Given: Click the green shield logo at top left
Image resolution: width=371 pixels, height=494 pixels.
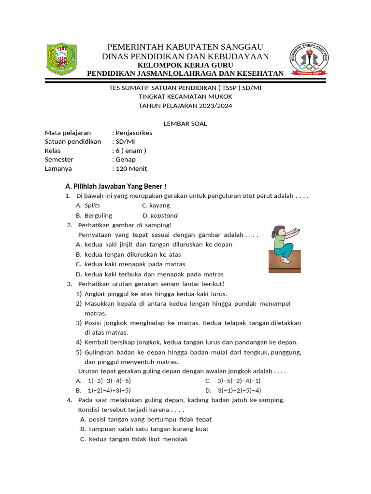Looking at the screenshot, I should (x=61, y=59).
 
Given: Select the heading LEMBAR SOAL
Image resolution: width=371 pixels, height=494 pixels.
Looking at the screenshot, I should (x=185, y=123).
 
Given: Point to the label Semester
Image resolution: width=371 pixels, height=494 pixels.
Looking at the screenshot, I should (x=59, y=159).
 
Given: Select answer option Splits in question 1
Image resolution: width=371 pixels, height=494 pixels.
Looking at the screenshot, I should (x=92, y=206).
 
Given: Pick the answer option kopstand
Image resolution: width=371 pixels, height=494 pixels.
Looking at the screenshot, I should (x=164, y=216).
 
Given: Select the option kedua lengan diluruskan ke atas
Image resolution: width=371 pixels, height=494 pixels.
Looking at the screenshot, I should (x=132, y=254).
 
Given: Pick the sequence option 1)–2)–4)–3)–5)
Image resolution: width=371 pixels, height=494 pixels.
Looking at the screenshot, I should (x=109, y=390).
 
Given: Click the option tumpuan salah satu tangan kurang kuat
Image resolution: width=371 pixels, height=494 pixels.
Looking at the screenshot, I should (x=148, y=429).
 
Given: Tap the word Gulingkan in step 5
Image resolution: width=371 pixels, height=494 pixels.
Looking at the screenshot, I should (x=99, y=352).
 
